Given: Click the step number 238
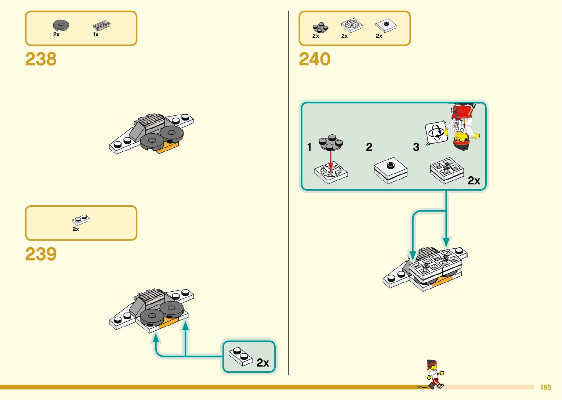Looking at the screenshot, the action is click(41, 59).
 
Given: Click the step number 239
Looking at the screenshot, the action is click(41, 254).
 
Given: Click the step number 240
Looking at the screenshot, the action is click(315, 59).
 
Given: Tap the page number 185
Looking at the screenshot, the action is click(545, 387).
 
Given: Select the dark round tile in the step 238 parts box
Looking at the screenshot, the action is click(61, 25).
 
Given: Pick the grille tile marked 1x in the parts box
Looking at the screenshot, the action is click(101, 25).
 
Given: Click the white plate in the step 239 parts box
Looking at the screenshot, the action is click(81, 220).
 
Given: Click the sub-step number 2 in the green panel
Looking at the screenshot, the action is click(369, 147).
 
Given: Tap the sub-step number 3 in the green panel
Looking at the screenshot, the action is click(416, 147).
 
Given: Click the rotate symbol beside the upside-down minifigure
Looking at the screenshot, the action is click(436, 133).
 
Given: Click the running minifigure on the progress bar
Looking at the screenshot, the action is click(434, 374).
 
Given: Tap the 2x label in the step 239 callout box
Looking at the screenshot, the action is click(263, 363).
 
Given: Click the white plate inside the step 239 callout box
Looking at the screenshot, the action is click(240, 356).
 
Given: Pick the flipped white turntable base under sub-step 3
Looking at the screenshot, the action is click(446, 170).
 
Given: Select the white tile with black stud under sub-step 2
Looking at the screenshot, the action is click(391, 170).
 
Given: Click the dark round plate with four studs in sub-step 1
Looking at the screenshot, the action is click(331, 143).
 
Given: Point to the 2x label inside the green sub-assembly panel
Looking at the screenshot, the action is click(474, 181).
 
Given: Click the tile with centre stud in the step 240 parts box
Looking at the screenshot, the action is click(386, 25).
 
